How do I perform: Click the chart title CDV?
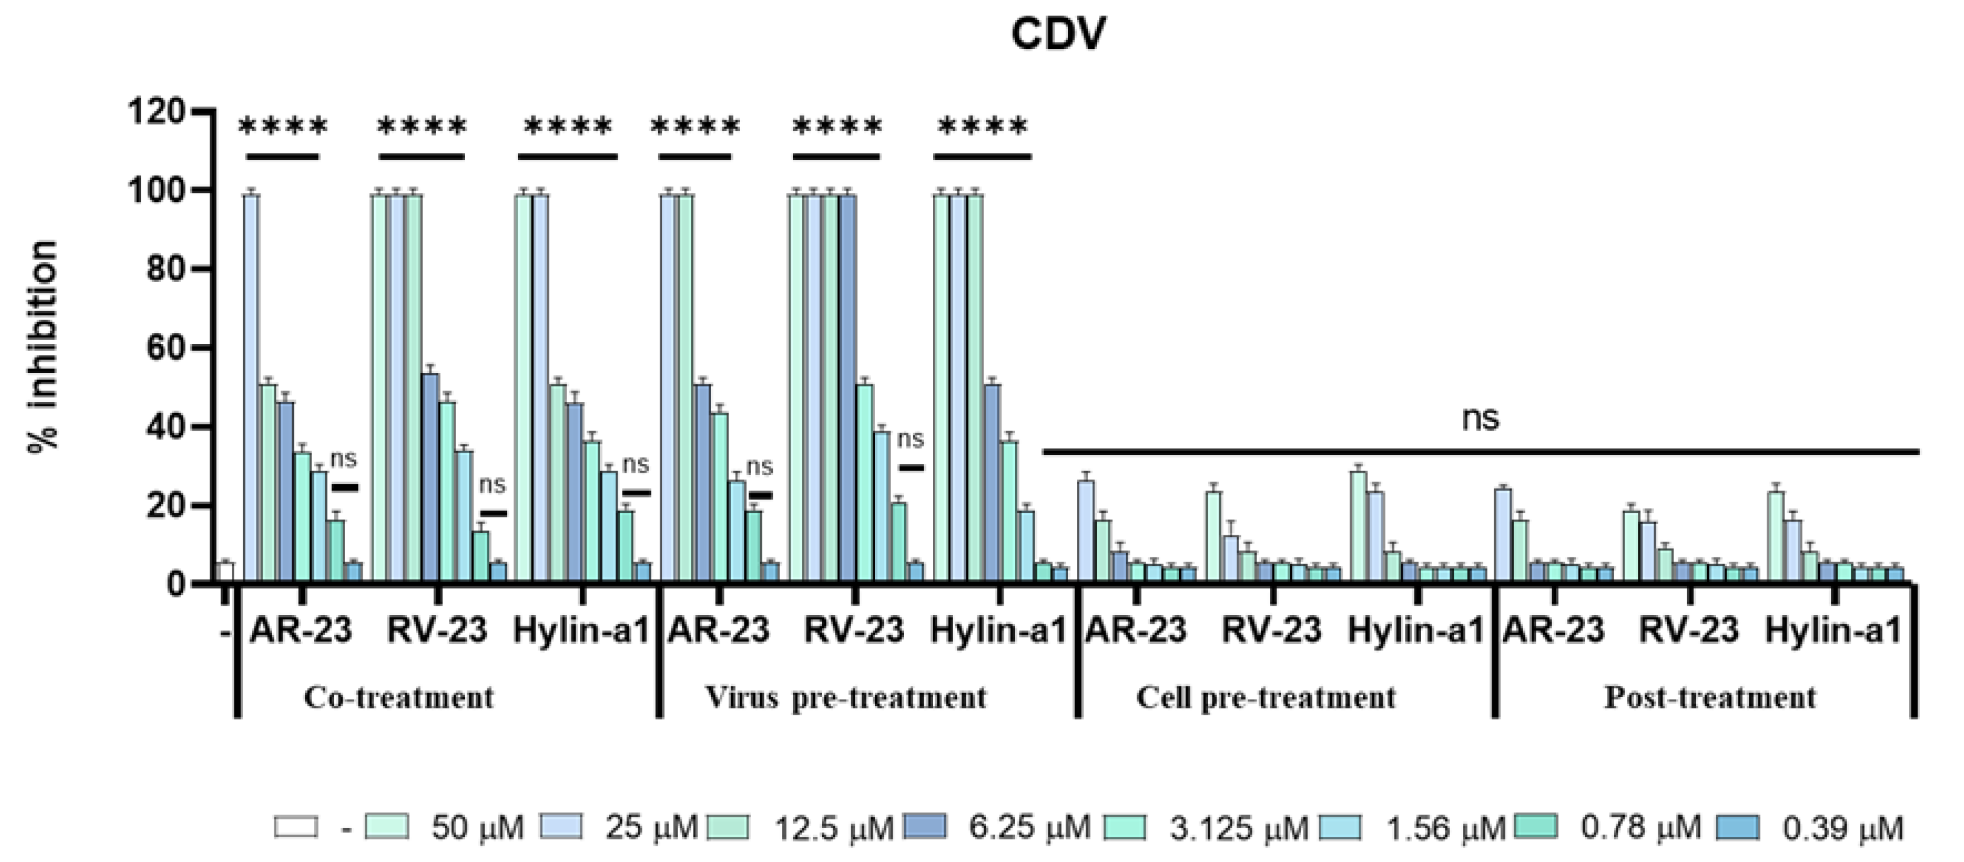click(x=1057, y=34)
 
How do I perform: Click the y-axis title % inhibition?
click(x=43, y=347)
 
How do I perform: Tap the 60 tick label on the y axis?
click(x=165, y=349)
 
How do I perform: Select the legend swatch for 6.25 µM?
click(x=925, y=827)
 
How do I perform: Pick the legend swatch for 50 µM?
click(x=387, y=827)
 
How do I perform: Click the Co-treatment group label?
click(x=398, y=697)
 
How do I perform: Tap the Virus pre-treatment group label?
click(x=846, y=697)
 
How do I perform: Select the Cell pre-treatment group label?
click(x=1265, y=697)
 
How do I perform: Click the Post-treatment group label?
click(x=1710, y=697)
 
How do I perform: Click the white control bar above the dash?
click(x=226, y=573)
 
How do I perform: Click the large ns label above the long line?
click(x=1480, y=418)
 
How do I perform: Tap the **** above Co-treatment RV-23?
click(x=422, y=127)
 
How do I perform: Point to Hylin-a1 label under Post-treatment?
click(x=1833, y=630)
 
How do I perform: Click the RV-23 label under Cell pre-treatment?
click(x=1271, y=630)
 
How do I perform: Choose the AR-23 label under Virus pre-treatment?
click(x=718, y=630)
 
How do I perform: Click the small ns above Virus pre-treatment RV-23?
click(x=910, y=439)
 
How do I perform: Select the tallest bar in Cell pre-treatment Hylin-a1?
click(x=1358, y=527)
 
